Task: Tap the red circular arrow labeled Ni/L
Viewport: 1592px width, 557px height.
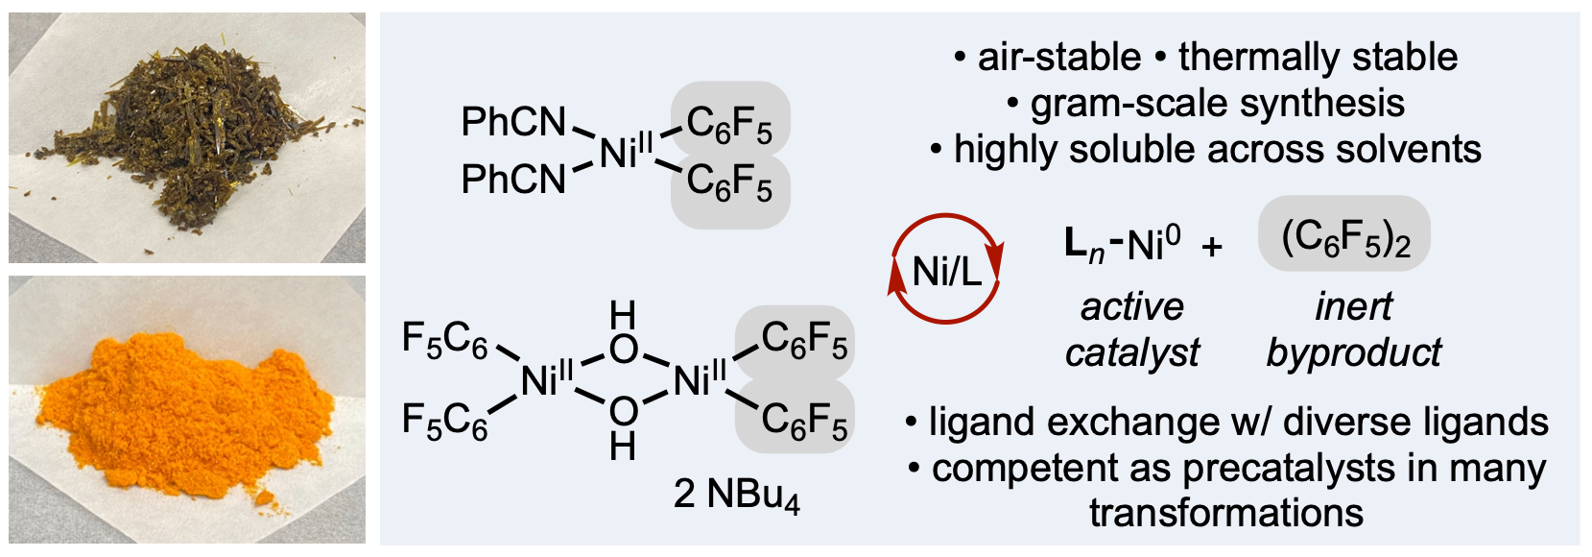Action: (945, 270)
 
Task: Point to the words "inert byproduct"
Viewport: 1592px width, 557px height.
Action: (1353, 329)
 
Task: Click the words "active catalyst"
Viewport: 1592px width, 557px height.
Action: (1132, 329)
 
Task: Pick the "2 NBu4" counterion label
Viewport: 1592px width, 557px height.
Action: (736, 495)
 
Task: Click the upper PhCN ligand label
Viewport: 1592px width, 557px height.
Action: (513, 122)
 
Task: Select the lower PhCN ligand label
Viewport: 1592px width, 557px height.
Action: (513, 179)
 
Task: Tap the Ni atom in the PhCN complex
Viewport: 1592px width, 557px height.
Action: (620, 152)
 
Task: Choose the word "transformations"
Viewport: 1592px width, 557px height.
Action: (1225, 512)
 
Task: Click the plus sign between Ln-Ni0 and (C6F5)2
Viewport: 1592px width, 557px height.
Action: (1212, 247)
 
